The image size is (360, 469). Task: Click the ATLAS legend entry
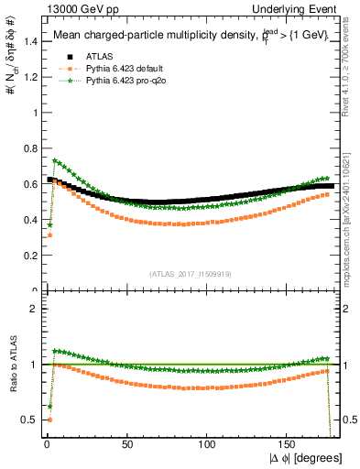pyautogui.click(x=99, y=56)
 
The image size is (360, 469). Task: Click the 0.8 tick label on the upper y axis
pyautogui.click(x=29, y=149)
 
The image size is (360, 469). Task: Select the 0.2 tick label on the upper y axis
pyautogui.click(x=29, y=256)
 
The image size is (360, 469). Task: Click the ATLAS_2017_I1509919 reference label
pyautogui.click(x=190, y=273)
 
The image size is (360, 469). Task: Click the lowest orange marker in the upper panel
pyautogui.click(x=49, y=235)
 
